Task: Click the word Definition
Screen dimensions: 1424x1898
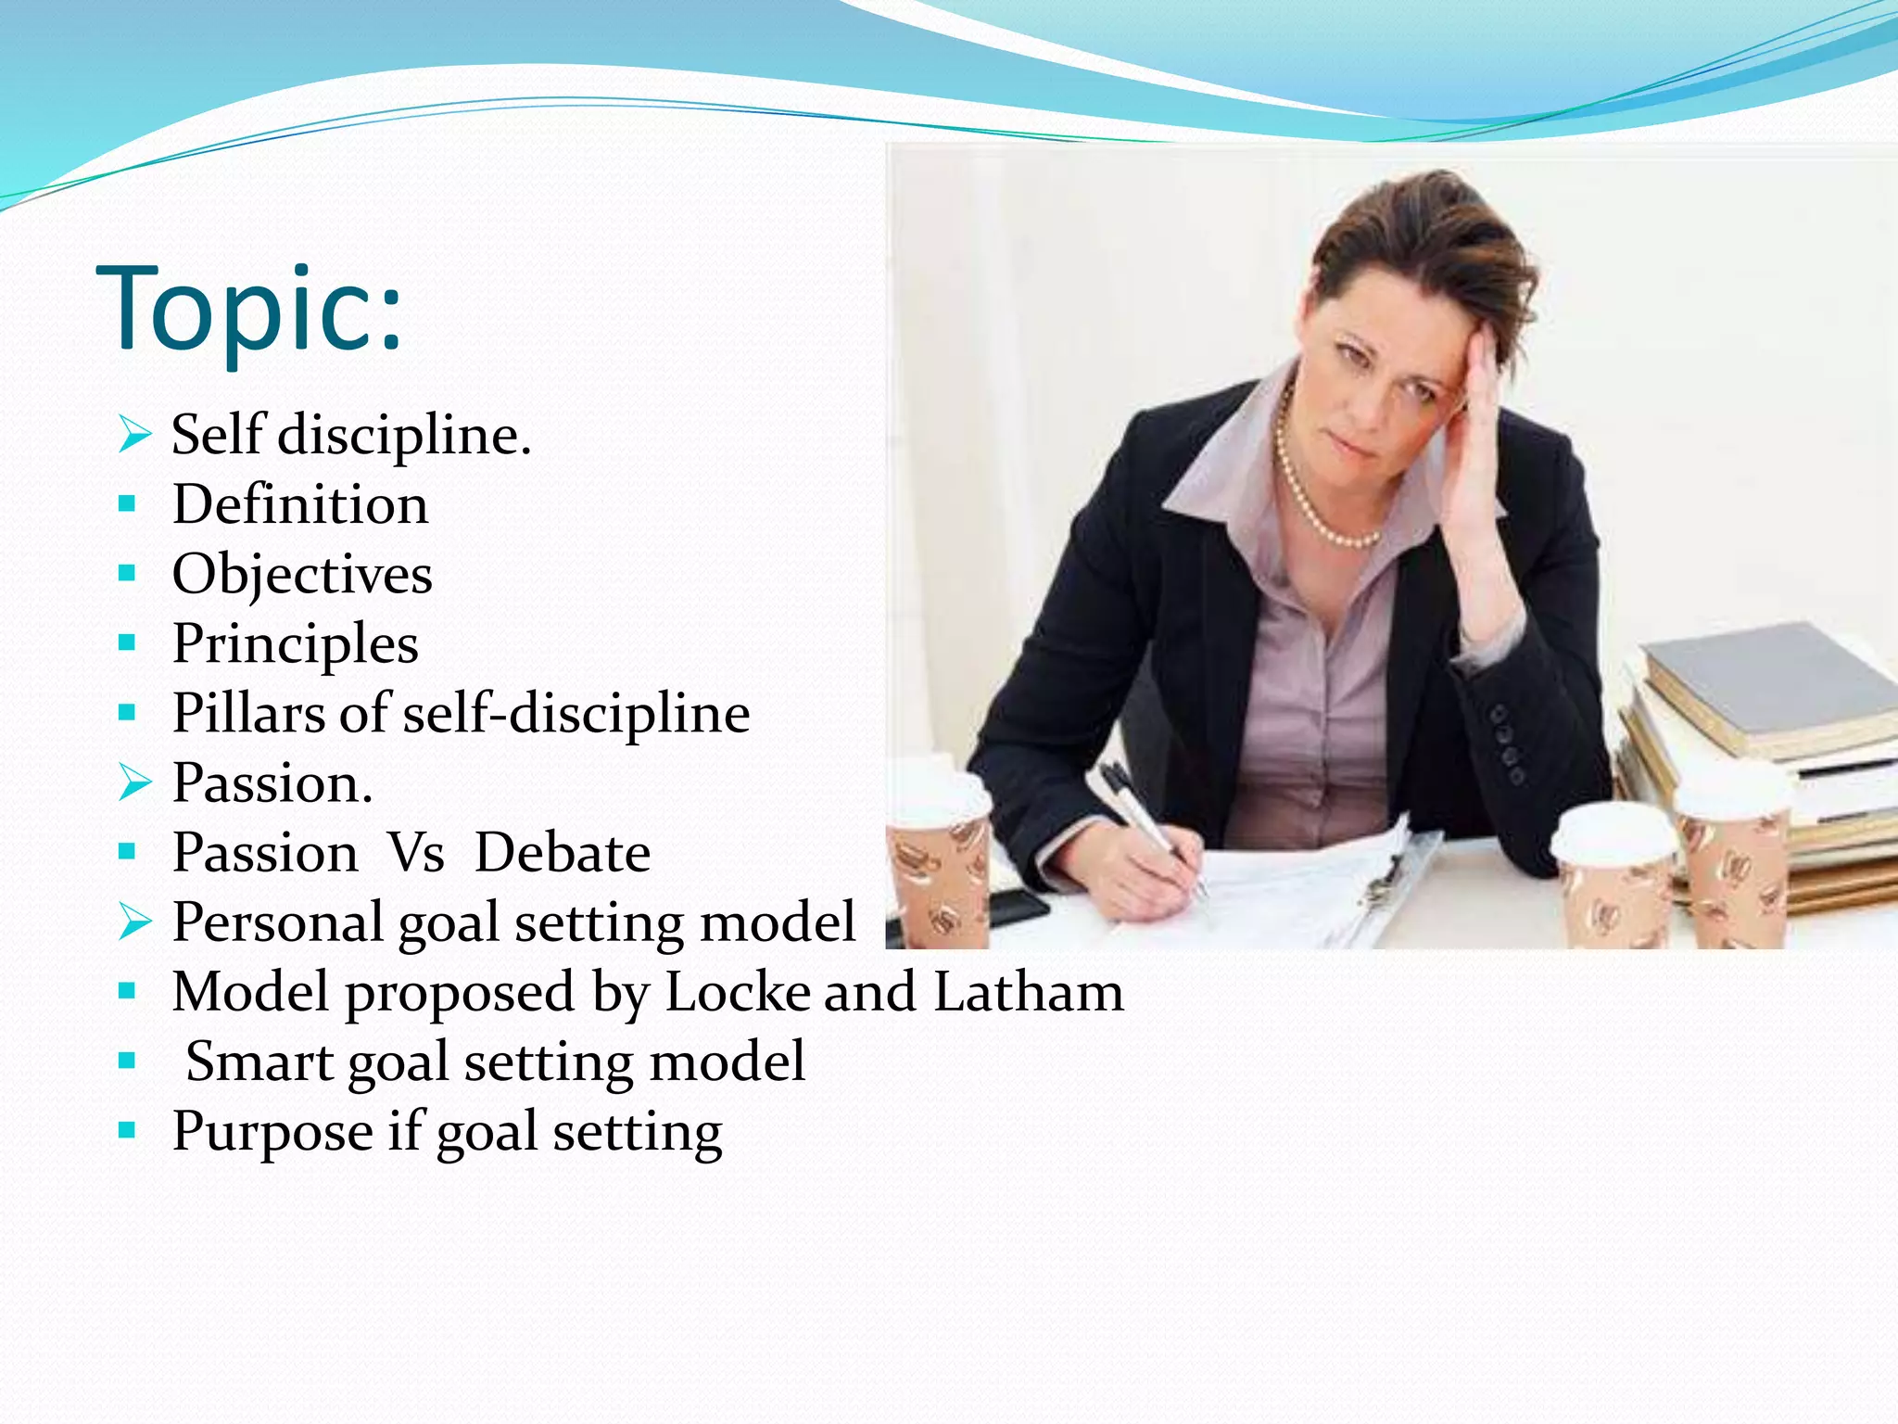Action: [x=299, y=505]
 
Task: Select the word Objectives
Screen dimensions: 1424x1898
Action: [x=302, y=575]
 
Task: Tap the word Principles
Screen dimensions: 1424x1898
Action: [x=295, y=644]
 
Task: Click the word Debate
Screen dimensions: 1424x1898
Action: [x=562, y=853]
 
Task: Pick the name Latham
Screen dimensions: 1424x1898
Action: [x=1028, y=992]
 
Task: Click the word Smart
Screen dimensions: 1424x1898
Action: [x=259, y=1062]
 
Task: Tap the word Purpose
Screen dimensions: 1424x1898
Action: [x=273, y=1132]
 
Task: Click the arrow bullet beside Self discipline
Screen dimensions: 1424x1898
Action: [x=134, y=435]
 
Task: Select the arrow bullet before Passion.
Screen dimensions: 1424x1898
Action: [x=134, y=783]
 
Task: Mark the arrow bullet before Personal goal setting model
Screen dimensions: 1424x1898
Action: [x=134, y=922]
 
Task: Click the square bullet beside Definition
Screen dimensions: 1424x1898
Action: [x=128, y=505]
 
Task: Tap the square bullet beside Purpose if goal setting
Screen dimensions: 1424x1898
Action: [x=128, y=1131]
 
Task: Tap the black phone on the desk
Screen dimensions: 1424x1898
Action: [x=1015, y=904]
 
